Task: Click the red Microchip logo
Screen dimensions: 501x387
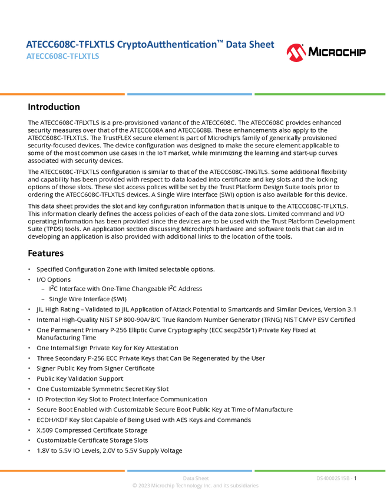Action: [x=296, y=53]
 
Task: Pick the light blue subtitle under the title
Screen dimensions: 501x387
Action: [x=62, y=57]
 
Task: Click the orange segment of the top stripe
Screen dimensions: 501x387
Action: [x=62, y=94]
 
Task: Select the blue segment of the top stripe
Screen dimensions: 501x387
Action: [x=190, y=94]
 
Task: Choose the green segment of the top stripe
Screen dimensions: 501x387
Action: [x=320, y=94]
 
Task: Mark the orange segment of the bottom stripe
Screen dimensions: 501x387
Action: [x=62, y=470]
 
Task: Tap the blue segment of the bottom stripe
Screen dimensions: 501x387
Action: [x=190, y=470]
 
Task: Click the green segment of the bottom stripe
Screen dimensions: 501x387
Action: [x=320, y=470]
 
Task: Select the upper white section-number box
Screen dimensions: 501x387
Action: [x=14, y=107]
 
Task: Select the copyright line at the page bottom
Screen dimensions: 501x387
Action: [x=195, y=486]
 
